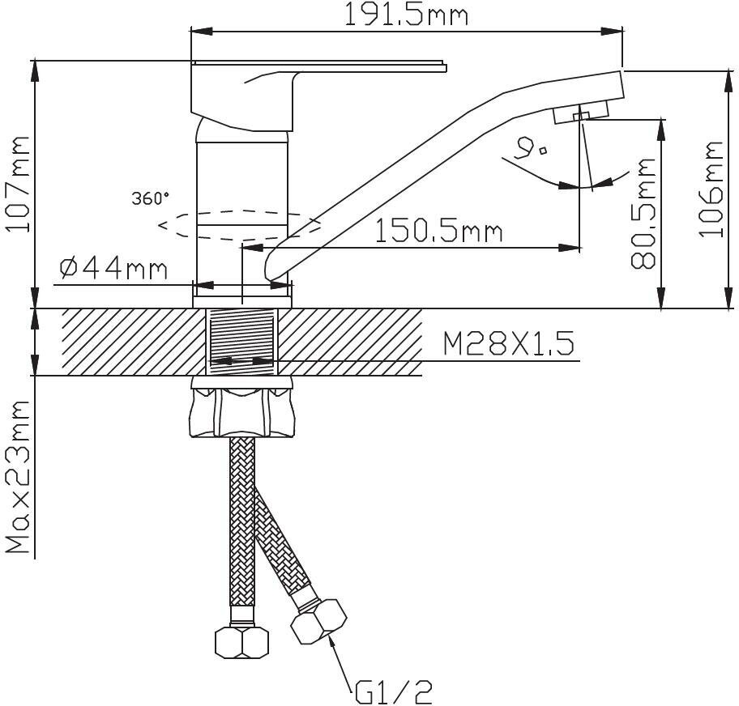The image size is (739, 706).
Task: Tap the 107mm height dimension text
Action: (x=18, y=185)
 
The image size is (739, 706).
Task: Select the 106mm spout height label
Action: (x=711, y=189)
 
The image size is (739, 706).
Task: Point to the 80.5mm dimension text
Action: (x=643, y=213)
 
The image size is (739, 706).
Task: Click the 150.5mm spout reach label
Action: (x=439, y=232)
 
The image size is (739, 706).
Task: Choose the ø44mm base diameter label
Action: (x=113, y=269)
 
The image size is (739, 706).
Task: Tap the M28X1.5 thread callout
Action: (x=509, y=343)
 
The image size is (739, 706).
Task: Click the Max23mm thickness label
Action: (x=18, y=477)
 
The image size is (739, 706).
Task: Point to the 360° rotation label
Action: (x=151, y=198)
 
